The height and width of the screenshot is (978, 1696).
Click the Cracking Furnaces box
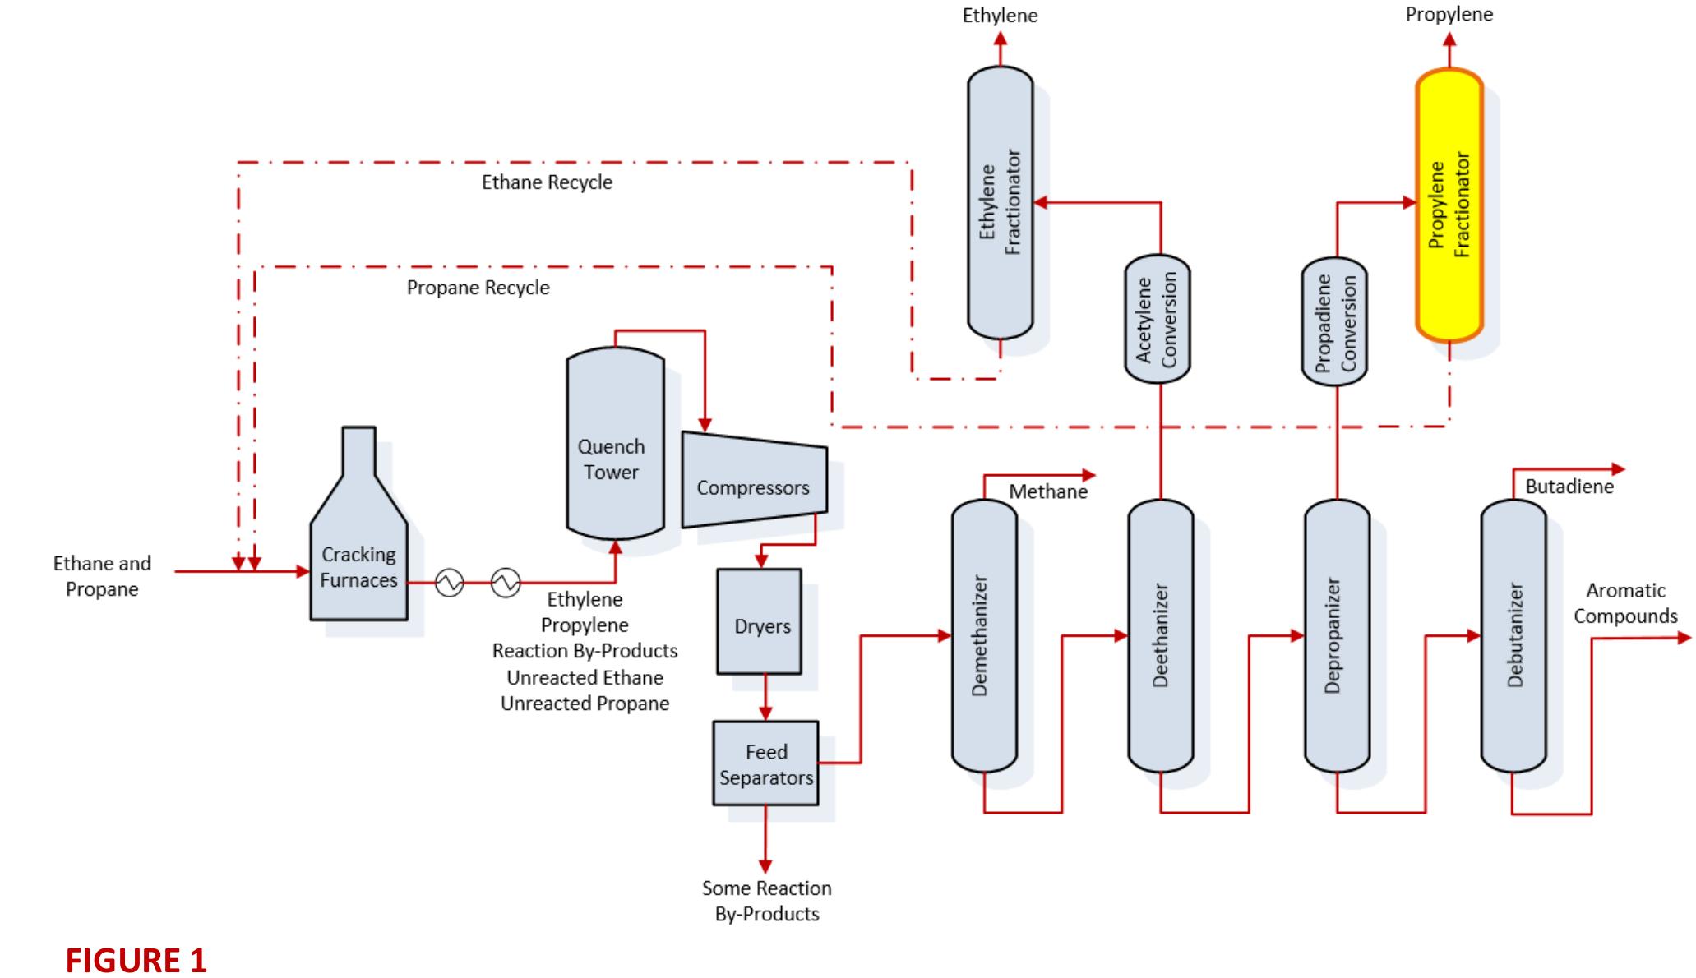coord(358,567)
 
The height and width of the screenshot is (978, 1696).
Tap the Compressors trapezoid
coord(753,487)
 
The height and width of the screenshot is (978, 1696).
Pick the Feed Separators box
coord(765,763)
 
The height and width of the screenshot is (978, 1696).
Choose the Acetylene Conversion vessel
coord(1157,319)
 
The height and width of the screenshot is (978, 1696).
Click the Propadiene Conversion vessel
coord(1334,321)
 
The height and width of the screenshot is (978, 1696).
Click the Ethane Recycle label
coord(547,182)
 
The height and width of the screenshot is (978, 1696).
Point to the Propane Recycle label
coord(478,288)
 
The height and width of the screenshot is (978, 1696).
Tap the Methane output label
coord(1047,491)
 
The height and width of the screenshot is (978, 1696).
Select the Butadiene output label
coord(1569,487)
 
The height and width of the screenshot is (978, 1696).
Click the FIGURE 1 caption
coord(136,960)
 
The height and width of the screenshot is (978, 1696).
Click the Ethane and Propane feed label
coord(102,576)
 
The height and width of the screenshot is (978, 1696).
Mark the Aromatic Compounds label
coord(1625,603)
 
